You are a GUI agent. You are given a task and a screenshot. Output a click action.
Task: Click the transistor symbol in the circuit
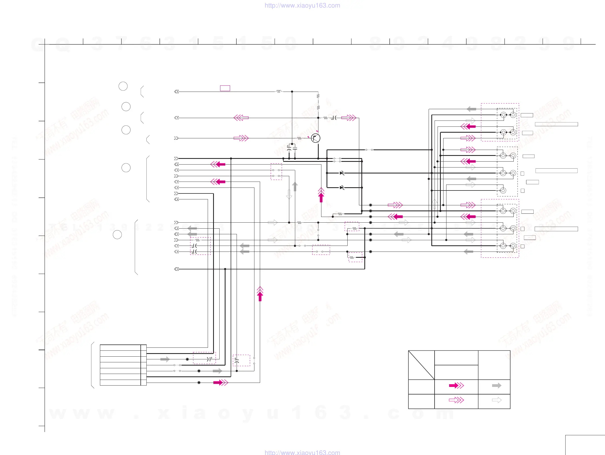tap(315, 138)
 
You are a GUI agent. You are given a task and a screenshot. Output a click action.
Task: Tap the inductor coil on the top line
tap(278, 91)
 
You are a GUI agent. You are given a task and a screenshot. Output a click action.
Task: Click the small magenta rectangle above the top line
tap(225, 88)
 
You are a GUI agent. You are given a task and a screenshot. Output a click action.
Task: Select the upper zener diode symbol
tap(342, 173)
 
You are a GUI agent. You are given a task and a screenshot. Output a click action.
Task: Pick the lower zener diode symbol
tap(342, 188)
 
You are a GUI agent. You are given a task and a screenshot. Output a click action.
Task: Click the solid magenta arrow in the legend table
tap(456, 386)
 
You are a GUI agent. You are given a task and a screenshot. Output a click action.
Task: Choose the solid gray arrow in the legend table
tap(496, 386)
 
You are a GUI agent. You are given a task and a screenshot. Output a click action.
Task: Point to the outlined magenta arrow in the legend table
tap(456, 400)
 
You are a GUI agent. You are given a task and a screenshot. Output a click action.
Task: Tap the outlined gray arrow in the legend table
tap(496, 400)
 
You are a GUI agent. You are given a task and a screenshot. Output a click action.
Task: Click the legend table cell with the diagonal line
tap(421, 365)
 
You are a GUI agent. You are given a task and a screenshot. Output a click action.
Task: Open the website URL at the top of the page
tap(302, 5)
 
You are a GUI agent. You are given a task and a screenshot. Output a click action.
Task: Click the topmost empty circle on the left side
tap(123, 86)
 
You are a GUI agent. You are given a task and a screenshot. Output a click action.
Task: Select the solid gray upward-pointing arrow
tap(295, 187)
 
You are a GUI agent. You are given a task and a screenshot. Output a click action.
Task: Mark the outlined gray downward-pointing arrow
tap(289, 194)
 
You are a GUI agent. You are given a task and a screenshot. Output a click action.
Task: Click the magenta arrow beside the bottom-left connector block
tap(220, 383)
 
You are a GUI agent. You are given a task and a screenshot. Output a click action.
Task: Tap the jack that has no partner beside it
tap(503, 190)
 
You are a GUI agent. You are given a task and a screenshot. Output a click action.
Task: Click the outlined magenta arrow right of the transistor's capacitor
tap(349, 118)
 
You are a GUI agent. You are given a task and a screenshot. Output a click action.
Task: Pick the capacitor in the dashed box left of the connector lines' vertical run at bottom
tap(209, 359)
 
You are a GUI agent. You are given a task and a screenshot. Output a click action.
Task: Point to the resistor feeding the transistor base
tap(300, 138)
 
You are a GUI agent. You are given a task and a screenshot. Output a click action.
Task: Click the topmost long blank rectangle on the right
tap(556, 124)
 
